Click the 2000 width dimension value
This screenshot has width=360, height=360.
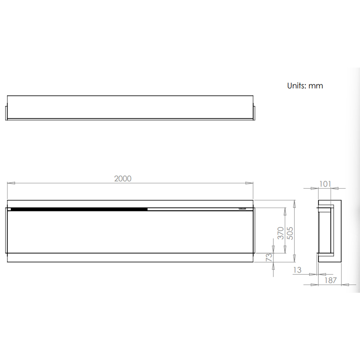click(123, 178)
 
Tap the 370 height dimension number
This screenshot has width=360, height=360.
click(280, 233)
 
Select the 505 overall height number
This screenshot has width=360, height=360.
click(290, 233)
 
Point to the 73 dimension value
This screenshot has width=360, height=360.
click(269, 257)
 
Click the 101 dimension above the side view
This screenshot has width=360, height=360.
click(325, 184)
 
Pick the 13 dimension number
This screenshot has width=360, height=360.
click(297, 270)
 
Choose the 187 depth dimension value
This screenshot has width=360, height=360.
click(330, 280)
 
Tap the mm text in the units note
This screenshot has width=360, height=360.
click(316, 86)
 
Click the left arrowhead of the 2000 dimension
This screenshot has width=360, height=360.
click(11, 183)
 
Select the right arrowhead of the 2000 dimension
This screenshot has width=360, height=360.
click(249, 183)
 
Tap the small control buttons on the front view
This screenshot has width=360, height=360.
click(242, 208)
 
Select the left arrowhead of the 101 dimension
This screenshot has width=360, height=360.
click(314, 188)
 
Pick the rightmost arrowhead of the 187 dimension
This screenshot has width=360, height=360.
click(345, 284)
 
